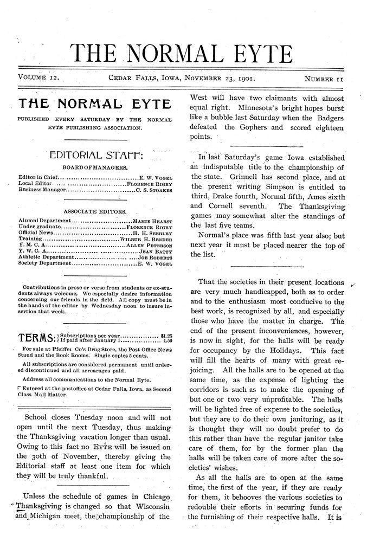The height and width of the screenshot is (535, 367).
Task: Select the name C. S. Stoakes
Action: click(154, 191)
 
